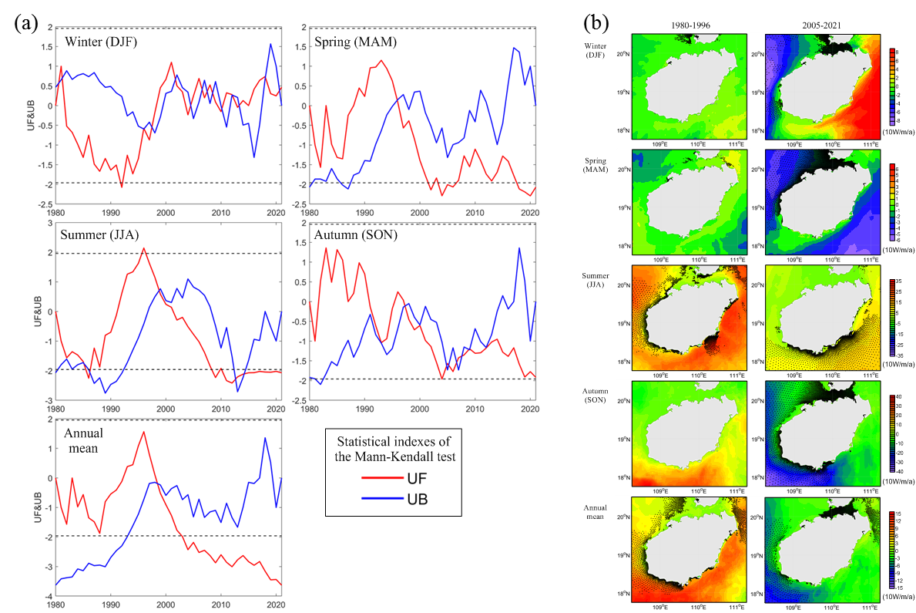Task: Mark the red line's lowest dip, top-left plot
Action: (x=122, y=186)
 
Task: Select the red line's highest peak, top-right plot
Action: (x=381, y=60)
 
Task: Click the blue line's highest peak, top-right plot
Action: (x=514, y=47)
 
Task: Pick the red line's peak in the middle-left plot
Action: (x=144, y=248)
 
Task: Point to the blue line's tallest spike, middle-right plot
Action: (x=519, y=248)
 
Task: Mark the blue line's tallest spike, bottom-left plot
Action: (x=265, y=438)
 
